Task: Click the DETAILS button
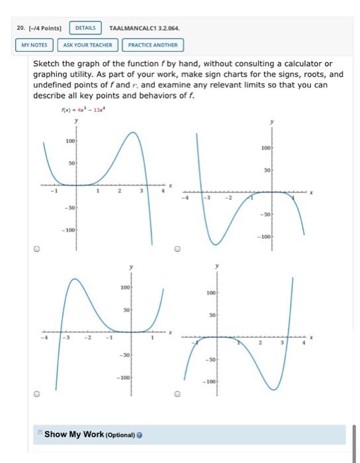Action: pyautogui.click(x=85, y=28)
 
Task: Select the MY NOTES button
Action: pyautogui.click(x=34, y=45)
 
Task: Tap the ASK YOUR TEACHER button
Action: pyautogui.click(x=89, y=45)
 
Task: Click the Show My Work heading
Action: pyautogui.click(x=73, y=434)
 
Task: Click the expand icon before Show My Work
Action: pyautogui.click(x=40, y=433)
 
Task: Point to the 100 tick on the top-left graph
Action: pyautogui.click(x=69, y=140)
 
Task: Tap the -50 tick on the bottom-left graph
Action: pyautogui.click(x=124, y=355)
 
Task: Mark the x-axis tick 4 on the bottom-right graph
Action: pyautogui.click(x=304, y=344)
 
